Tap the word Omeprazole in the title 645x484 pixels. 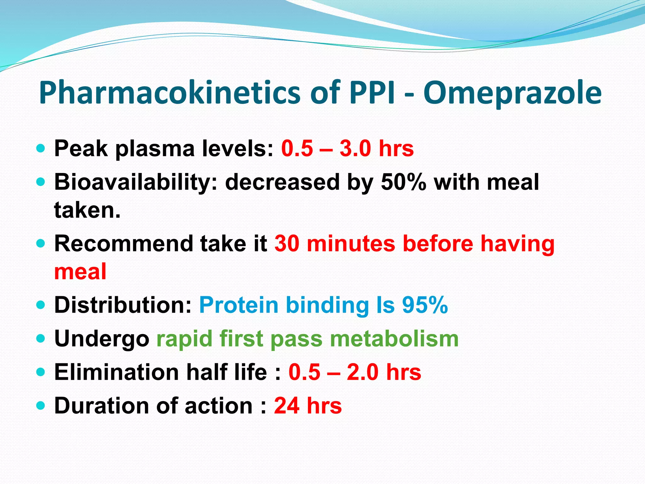tap(512, 93)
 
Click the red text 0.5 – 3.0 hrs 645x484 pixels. tap(347, 148)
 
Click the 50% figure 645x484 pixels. tap(403, 182)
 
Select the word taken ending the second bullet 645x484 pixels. tap(87, 210)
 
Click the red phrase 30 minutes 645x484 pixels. tap(334, 244)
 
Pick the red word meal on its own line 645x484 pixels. tap(80, 272)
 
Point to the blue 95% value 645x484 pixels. tap(425, 305)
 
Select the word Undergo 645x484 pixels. tap(101, 339)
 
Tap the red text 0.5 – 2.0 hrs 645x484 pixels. tap(355, 372)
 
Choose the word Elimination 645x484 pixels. tap(117, 372)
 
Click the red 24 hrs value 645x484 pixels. tap(308, 406)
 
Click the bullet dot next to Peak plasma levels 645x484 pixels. tap(41, 148)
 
